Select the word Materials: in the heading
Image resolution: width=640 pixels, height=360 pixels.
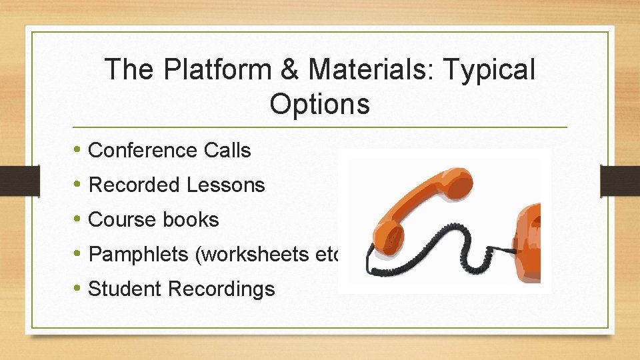click(x=361, y=69)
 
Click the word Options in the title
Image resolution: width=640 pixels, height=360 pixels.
click(x=319, y=104)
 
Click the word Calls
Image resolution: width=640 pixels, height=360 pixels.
click(x=227, y=151)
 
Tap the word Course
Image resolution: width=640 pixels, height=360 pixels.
click(x=121, y=220)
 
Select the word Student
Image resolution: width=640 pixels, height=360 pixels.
click(x=125, y=289)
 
